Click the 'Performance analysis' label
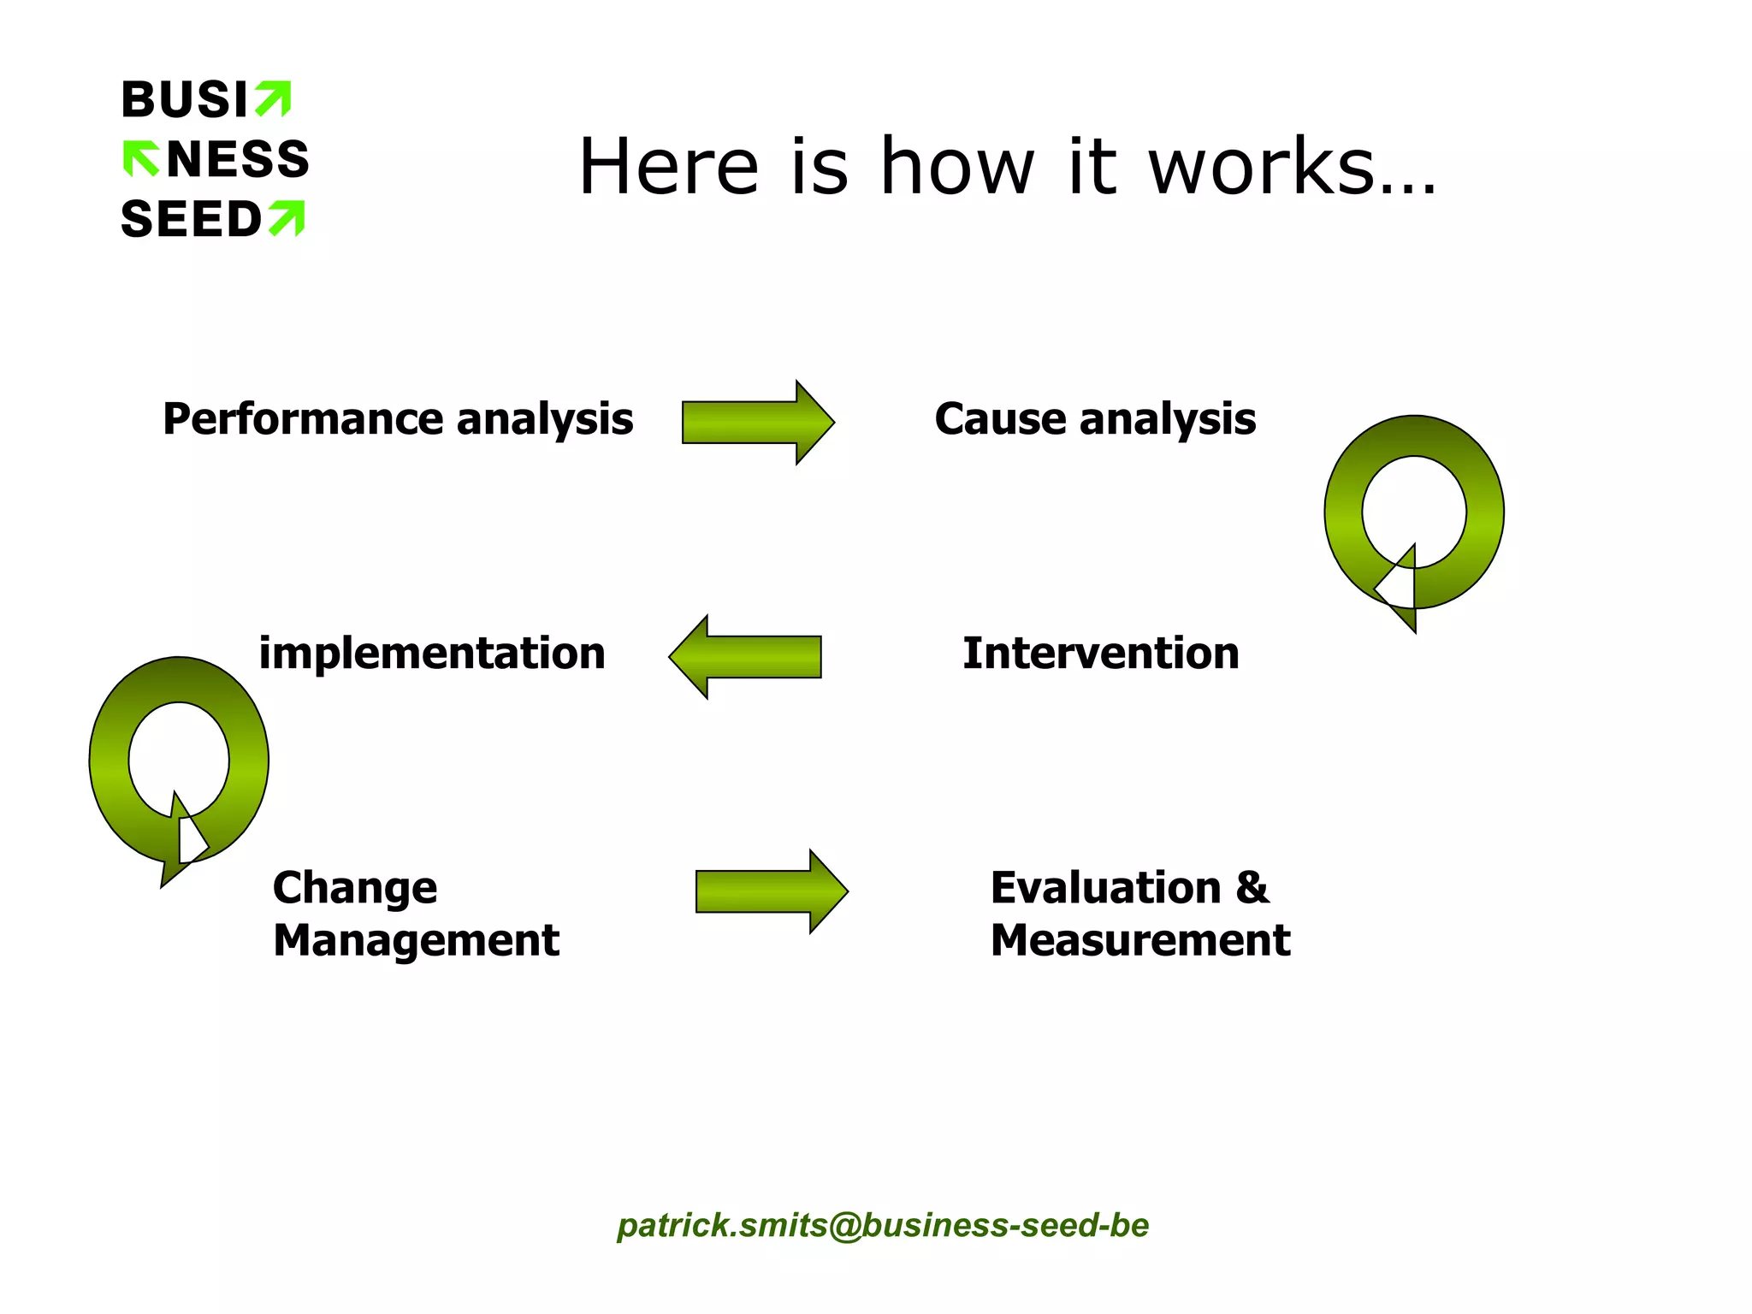pos(398,419)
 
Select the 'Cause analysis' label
pos(1095,419)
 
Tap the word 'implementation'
pos(432,654)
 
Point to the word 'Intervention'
pos(1100,654)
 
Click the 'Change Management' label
pos(415,914)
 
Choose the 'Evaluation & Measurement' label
pos(1139,914)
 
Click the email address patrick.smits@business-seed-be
pos(883,1225)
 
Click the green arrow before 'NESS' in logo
pos(141,158)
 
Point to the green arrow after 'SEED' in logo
pos(287,218)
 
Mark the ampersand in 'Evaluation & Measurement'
pos(1252,888)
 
